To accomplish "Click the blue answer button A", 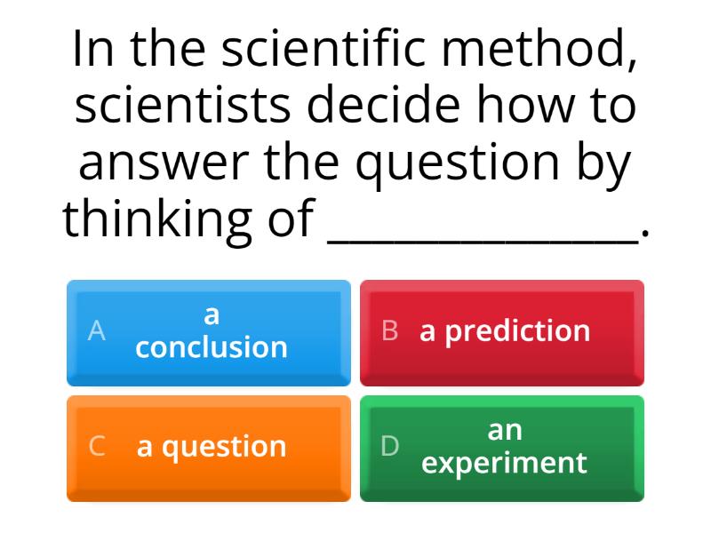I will [x=209, y=332].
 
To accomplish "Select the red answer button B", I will [x=502, y=332].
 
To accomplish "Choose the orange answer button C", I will [x=209, y=448].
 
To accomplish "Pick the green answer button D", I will [x=502, y=448].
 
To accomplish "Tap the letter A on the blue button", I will [x=97, y=331].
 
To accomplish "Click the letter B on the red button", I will [x=390, y=331].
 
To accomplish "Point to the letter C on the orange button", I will [x=97, y=447].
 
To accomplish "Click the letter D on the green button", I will [x=390, y=447].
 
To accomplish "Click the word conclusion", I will [x=212, y=347].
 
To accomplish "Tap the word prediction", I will [x=517, y=331].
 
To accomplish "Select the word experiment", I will [x=504, y=463].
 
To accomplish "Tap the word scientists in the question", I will [x=182, y=106].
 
